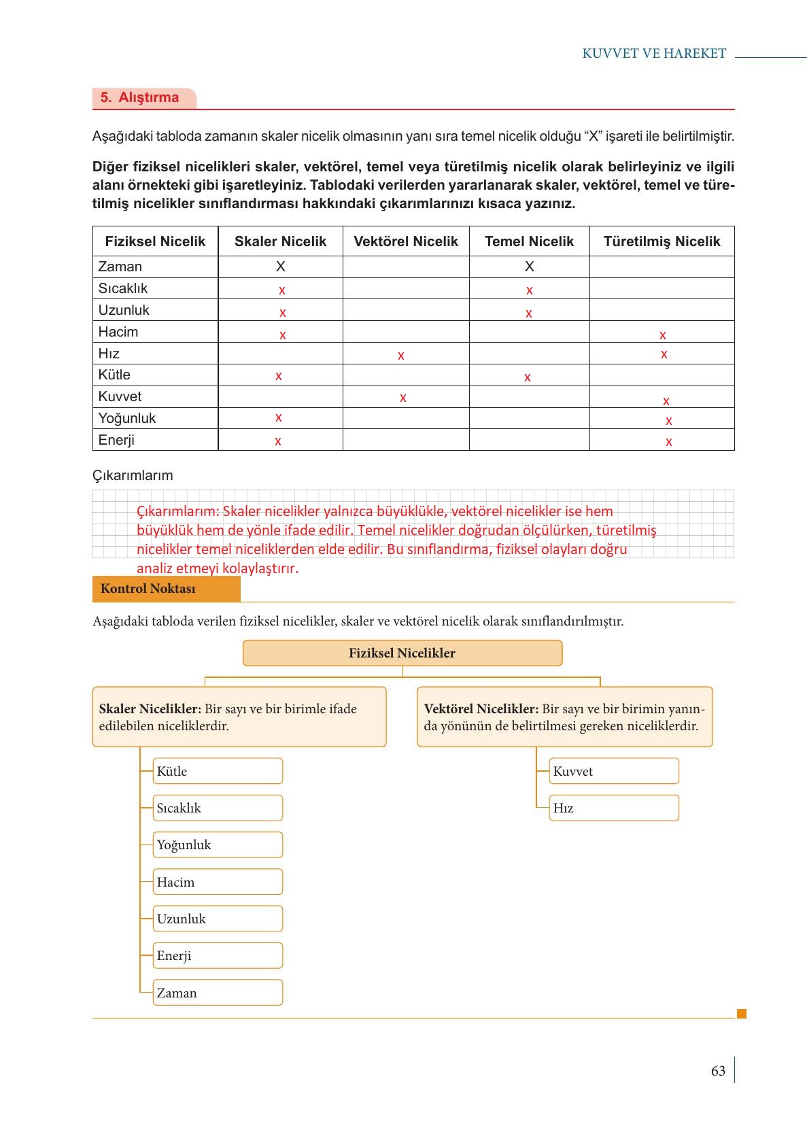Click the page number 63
718,1071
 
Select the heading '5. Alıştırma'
140,97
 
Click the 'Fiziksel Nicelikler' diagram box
402,653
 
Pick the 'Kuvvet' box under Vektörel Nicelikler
613,771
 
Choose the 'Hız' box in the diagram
613,808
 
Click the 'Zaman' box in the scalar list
217,993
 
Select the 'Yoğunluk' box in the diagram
217,845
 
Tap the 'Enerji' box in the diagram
217,955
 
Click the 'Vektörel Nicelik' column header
406,241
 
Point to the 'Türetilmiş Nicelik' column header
662,241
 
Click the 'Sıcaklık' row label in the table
123,288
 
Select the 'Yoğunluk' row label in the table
127,418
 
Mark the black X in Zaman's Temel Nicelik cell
530,267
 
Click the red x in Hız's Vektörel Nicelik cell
401,356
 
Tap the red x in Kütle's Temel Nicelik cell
528,377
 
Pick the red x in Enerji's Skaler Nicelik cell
278,441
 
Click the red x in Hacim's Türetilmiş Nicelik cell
663,335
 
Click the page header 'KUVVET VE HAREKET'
654,54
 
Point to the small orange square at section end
742,1014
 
